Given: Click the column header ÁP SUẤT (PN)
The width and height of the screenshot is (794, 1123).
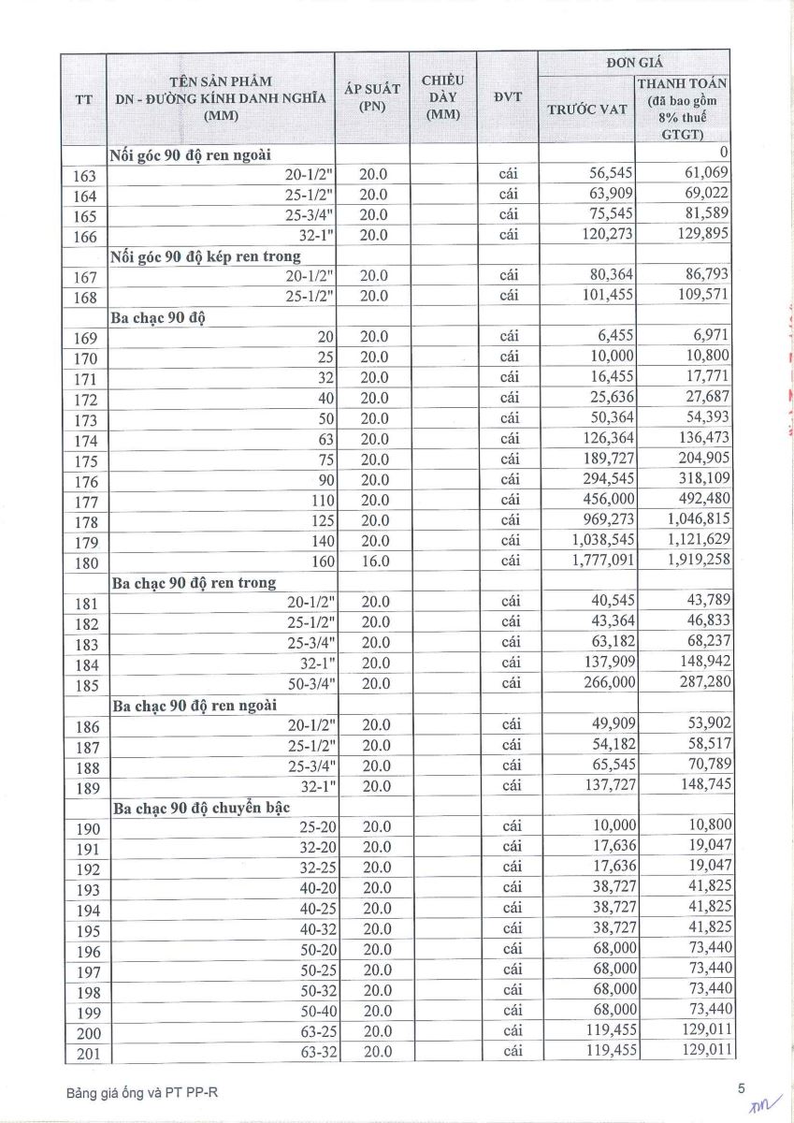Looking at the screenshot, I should point(372,97).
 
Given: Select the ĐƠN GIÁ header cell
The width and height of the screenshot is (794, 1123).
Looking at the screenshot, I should point(634,62).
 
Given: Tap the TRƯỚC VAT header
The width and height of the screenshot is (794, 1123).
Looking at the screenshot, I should point(586,109).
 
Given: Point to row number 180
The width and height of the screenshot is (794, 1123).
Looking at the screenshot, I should point(85,563).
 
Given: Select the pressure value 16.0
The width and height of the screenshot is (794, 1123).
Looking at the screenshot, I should point(374,561).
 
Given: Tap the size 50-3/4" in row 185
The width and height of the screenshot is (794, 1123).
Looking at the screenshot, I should point(310,683).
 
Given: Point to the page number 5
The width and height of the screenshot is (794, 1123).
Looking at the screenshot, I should point(741,1088).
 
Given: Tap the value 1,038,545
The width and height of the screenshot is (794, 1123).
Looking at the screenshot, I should point(598,541).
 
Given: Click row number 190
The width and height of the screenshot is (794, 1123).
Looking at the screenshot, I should point(85,827).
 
